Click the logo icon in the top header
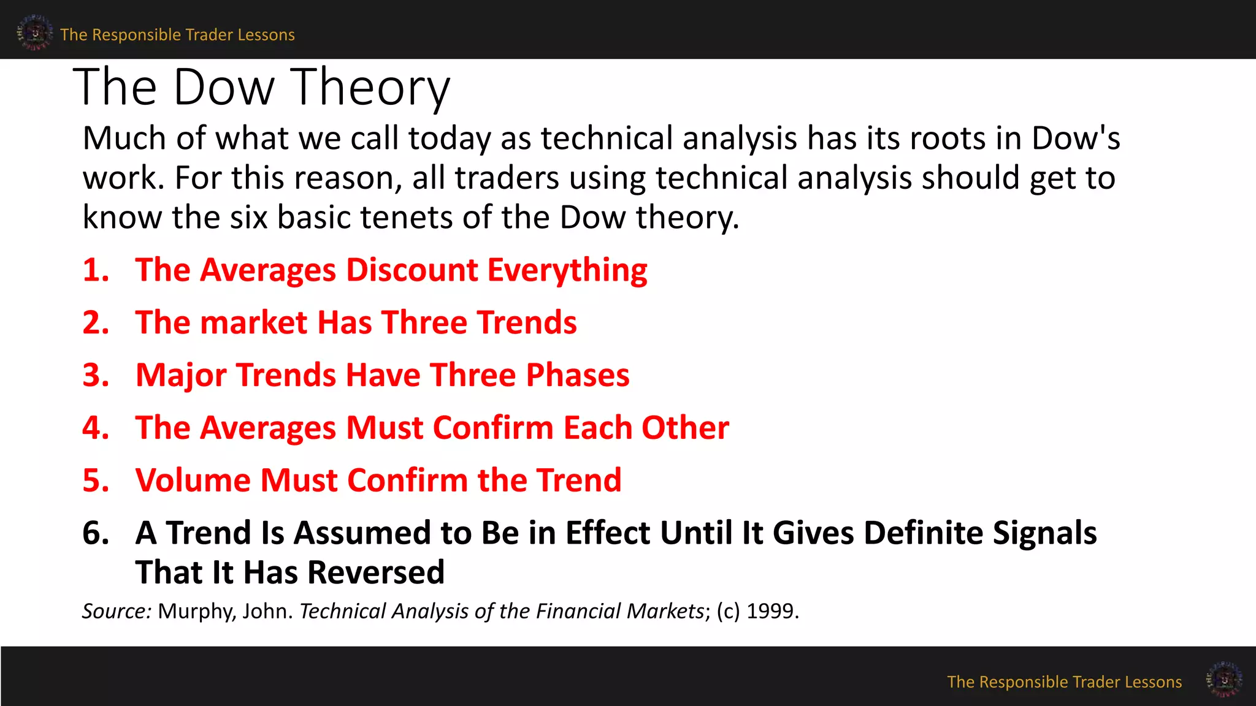click(34, 32)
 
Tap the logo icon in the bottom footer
click(1224, 679)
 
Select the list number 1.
click(96, 270)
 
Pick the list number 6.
click(96, 533)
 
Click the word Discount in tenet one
click(412, 270)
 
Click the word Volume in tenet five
click(193, 480)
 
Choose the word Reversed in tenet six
click(375, 572)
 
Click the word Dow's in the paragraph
click(1076, 139)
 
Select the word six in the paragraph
click(248, 218)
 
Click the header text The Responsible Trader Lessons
click(177, 35)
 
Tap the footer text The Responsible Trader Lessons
click(1064, 682)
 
